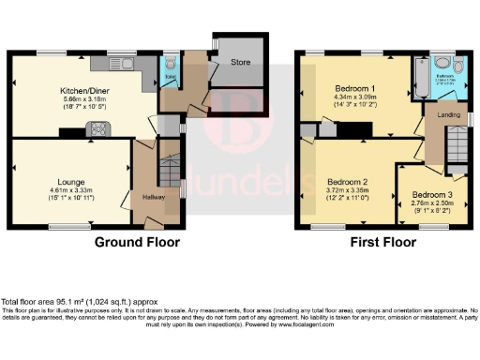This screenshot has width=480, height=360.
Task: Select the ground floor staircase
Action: click(169, 172)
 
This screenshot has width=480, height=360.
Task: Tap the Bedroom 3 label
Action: click(430, 196)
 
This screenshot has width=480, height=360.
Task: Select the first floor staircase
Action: click(455, 145)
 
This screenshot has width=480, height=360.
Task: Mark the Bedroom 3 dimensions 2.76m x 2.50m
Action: click(430, 203)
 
